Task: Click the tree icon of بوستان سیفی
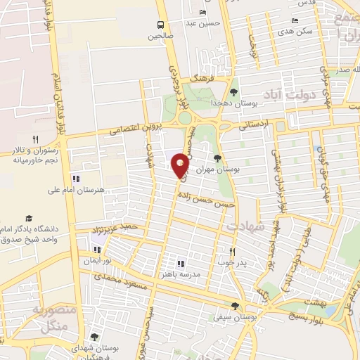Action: click(x=235, y=306)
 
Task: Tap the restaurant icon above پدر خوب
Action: click(x=232, y=251)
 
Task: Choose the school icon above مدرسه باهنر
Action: click(x=180, y=263)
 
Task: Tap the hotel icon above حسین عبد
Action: click(x=203, y=13)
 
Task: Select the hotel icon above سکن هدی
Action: click(x=295, y=20)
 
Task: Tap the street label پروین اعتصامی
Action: click(x=139, y=129)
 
